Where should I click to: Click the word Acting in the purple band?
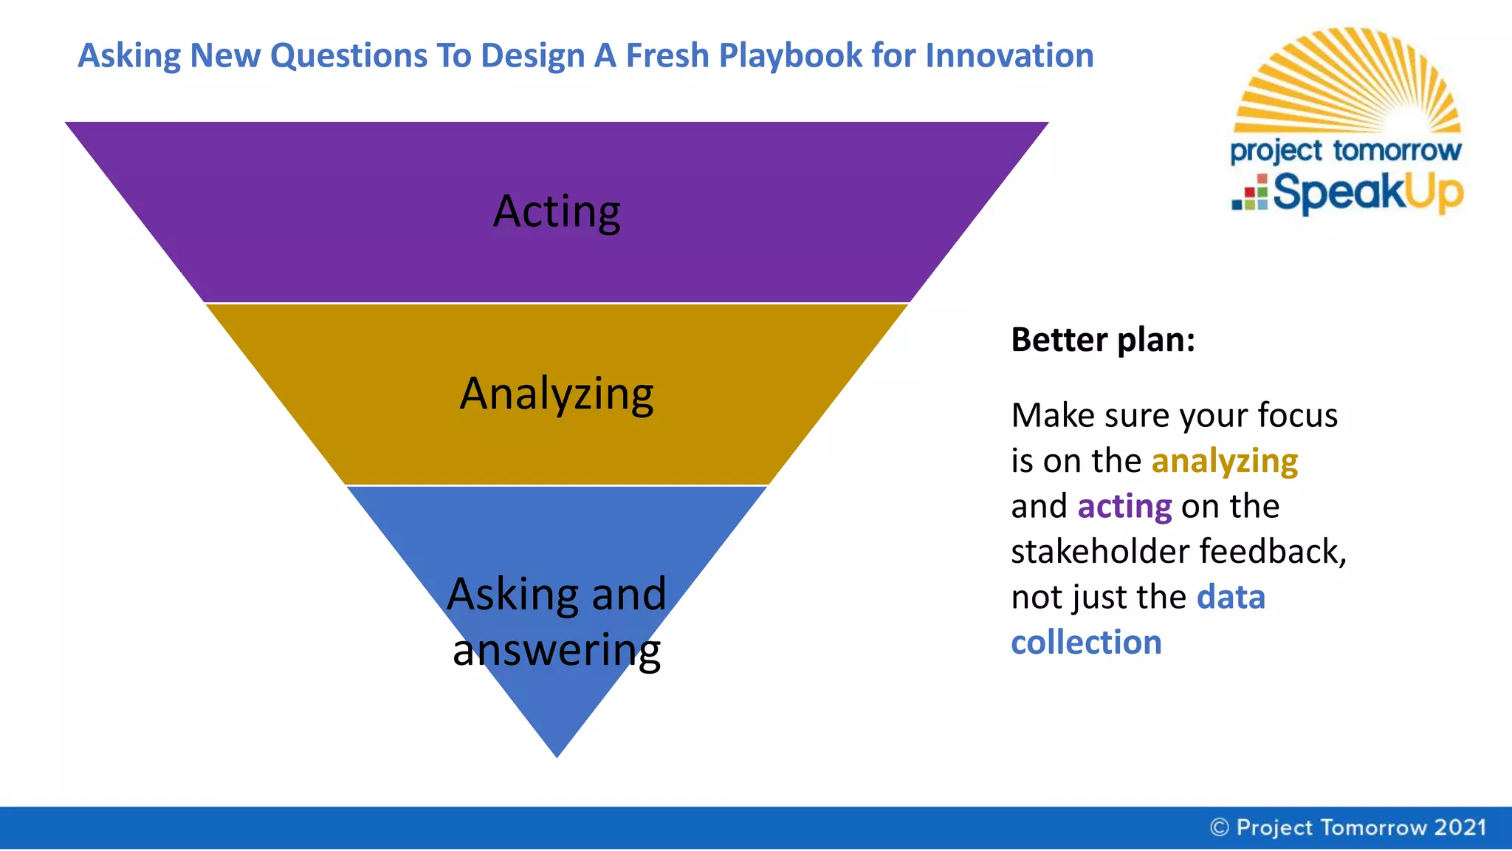point(557,212)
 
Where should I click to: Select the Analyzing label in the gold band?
point(557,394)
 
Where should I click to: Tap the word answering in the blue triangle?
point(557,650)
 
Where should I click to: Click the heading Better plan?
point(1102,340)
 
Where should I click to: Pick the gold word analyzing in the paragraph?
point(1224,461)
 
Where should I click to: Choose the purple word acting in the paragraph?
point(1124,507)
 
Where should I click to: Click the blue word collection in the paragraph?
point(1086,643)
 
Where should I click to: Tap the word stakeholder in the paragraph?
point(1100,552)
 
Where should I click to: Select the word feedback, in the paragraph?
point(1273,552)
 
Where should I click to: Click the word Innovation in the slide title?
point(1009,55)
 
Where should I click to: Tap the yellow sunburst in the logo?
point(1347,81)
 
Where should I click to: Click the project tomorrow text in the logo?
point(1345,151)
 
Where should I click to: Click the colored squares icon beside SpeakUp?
point(1251,194)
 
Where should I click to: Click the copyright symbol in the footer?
point(1220,827)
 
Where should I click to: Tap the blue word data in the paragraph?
point(1231,597)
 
